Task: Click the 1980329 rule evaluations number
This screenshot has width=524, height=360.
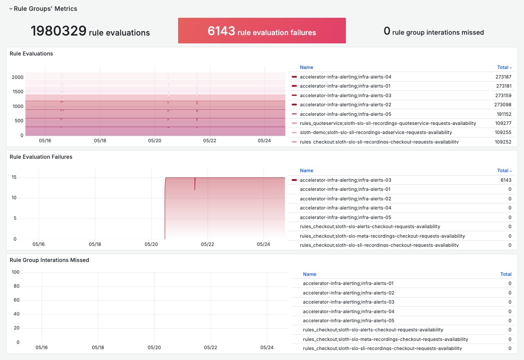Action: (x=58, y=31)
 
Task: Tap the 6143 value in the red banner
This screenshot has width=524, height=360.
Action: (x=221, y=31)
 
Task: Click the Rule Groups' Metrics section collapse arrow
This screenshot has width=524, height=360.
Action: (x=11, y=9)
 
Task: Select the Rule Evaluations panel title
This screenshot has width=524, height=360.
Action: (x=31, y=54)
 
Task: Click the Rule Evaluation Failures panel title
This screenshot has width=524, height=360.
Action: (x=41, y=157)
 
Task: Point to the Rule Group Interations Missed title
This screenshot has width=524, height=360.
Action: (x=49, y=260)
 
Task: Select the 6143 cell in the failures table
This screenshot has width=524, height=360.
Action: (x=506, y=180)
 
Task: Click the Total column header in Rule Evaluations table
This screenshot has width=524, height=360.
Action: (x=504, y=67)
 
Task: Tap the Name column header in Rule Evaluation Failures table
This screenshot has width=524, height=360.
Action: (x=306, y=170)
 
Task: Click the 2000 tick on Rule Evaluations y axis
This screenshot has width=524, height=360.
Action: (x=18, y=77)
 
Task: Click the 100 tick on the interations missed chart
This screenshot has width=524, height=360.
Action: (x=16, y=272)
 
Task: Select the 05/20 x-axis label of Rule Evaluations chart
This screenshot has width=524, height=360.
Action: (x=154, y=141)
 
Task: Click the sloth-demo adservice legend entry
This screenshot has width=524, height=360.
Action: (x=376, y=132)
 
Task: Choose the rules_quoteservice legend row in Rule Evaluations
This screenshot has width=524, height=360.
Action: (x=387, y=123)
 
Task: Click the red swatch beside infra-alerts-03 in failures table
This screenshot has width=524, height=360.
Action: (x=294, y=180)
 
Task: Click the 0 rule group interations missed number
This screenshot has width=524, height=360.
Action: (x=387, y=31)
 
